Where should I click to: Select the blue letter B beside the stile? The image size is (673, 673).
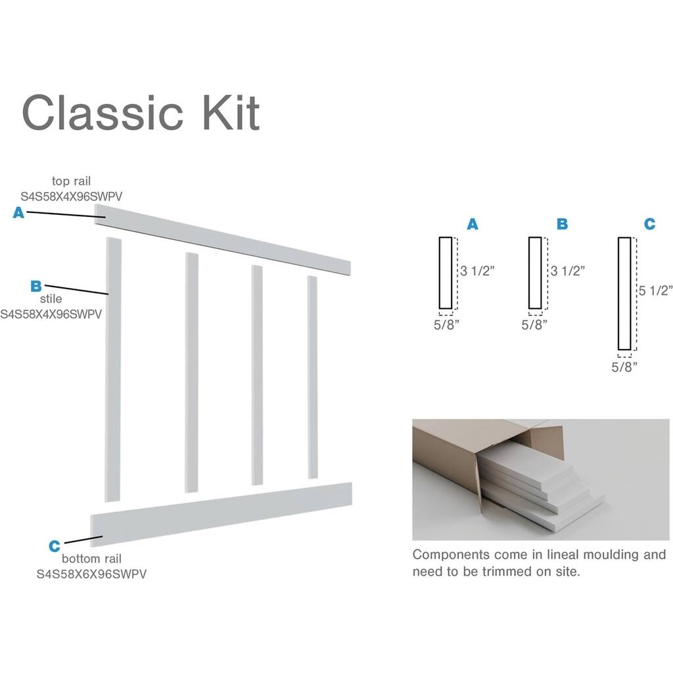(x=36, y=286)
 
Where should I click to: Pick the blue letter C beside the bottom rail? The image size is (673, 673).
(x=55, y=545)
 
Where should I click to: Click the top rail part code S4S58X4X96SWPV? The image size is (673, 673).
(x=72, y=196)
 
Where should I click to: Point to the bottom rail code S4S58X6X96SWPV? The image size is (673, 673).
(x=91, y=574)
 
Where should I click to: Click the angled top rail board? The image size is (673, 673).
(x=223, y=239)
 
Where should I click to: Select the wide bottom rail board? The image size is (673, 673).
(x=221, y=514)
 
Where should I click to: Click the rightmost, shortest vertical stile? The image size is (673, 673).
(x=313, y=377)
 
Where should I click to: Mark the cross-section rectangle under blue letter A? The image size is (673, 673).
(x=445, y=273)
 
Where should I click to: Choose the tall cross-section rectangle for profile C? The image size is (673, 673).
(x=624, y=293)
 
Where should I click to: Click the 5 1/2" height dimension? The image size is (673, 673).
(x=656, y=290)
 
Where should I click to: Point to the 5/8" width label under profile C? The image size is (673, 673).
(x=624, y=367)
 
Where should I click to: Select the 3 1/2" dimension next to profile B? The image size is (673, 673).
(x=567, y=270)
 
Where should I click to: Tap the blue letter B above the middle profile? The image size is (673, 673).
(x=562, y=224)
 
